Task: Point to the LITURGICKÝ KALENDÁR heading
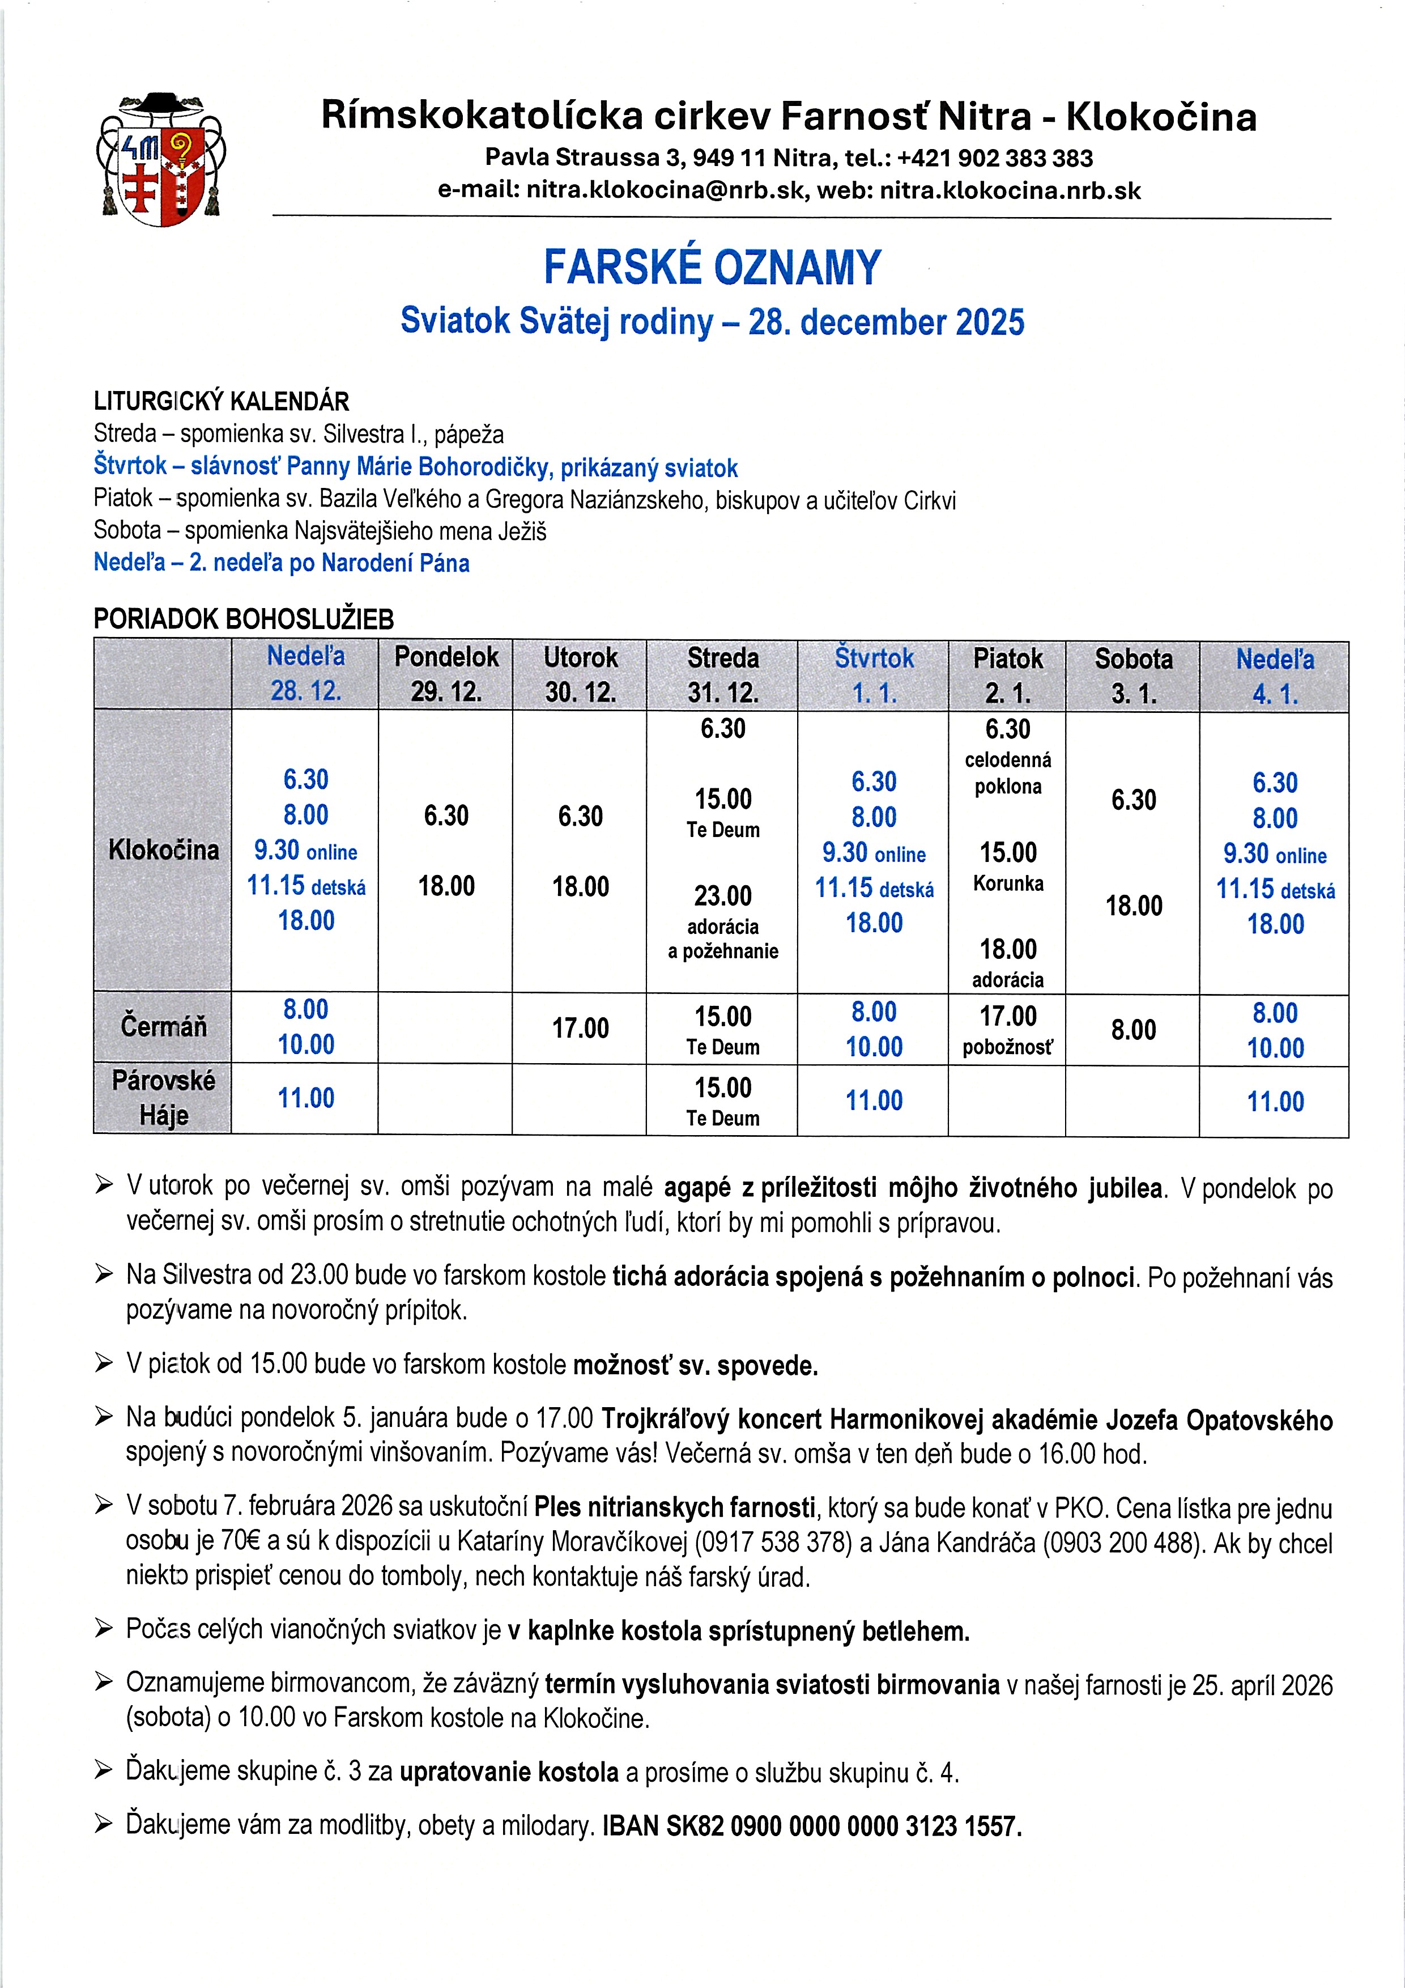point(221,402)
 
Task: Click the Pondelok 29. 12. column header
point(446,674)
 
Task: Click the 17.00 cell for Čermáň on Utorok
point(580,1029)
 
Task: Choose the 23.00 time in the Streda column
point(723,896)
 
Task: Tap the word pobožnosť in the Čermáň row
point(1008,1048)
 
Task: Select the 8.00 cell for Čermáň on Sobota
point(1133,1030)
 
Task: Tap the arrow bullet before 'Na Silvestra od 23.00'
point(104,1274)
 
